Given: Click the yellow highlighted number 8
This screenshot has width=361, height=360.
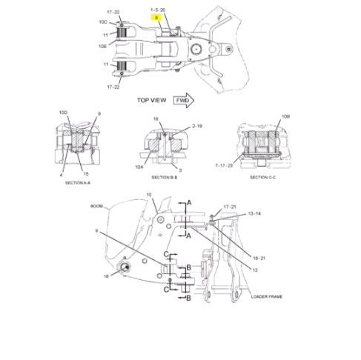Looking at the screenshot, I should click(x=156, y=16).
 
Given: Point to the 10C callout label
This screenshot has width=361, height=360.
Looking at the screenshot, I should click(x=104, y=23).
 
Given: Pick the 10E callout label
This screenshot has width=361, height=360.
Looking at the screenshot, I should click(x=104, y=45).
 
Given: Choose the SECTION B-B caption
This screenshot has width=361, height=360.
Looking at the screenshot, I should click(x=165, y=178).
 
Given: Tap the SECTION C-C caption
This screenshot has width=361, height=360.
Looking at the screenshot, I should click(x=264, y=177).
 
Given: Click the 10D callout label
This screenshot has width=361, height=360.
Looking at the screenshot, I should click(x=63, y=112).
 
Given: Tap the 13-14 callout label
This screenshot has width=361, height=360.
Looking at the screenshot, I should click(x=254, y=213).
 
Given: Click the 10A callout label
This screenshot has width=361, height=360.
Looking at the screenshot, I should click(x=139, y=167).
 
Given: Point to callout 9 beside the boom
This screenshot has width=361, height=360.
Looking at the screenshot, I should click(x=96, y=230).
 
